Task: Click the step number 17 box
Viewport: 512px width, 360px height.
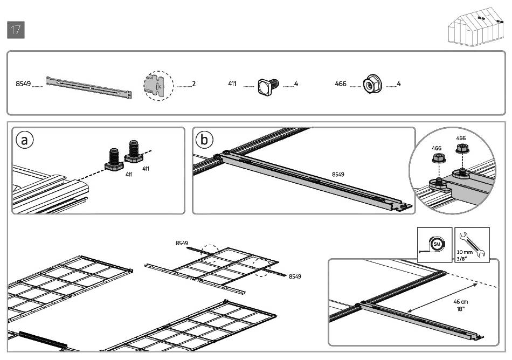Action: point(16,30)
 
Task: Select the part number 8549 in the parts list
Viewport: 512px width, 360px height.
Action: point(23,84)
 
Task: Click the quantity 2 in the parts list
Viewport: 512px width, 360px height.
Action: point(193,84)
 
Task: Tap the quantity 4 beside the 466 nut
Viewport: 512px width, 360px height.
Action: point(398,84)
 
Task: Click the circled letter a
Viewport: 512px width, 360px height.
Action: point(24,140)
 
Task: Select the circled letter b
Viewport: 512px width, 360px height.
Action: point(204,140)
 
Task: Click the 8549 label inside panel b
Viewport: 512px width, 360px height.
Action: point(338,174)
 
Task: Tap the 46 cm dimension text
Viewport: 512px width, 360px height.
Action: point(460,302)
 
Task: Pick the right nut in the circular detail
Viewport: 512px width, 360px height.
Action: point(461,149)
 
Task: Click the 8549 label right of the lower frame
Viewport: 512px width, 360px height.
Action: point(295,276)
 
